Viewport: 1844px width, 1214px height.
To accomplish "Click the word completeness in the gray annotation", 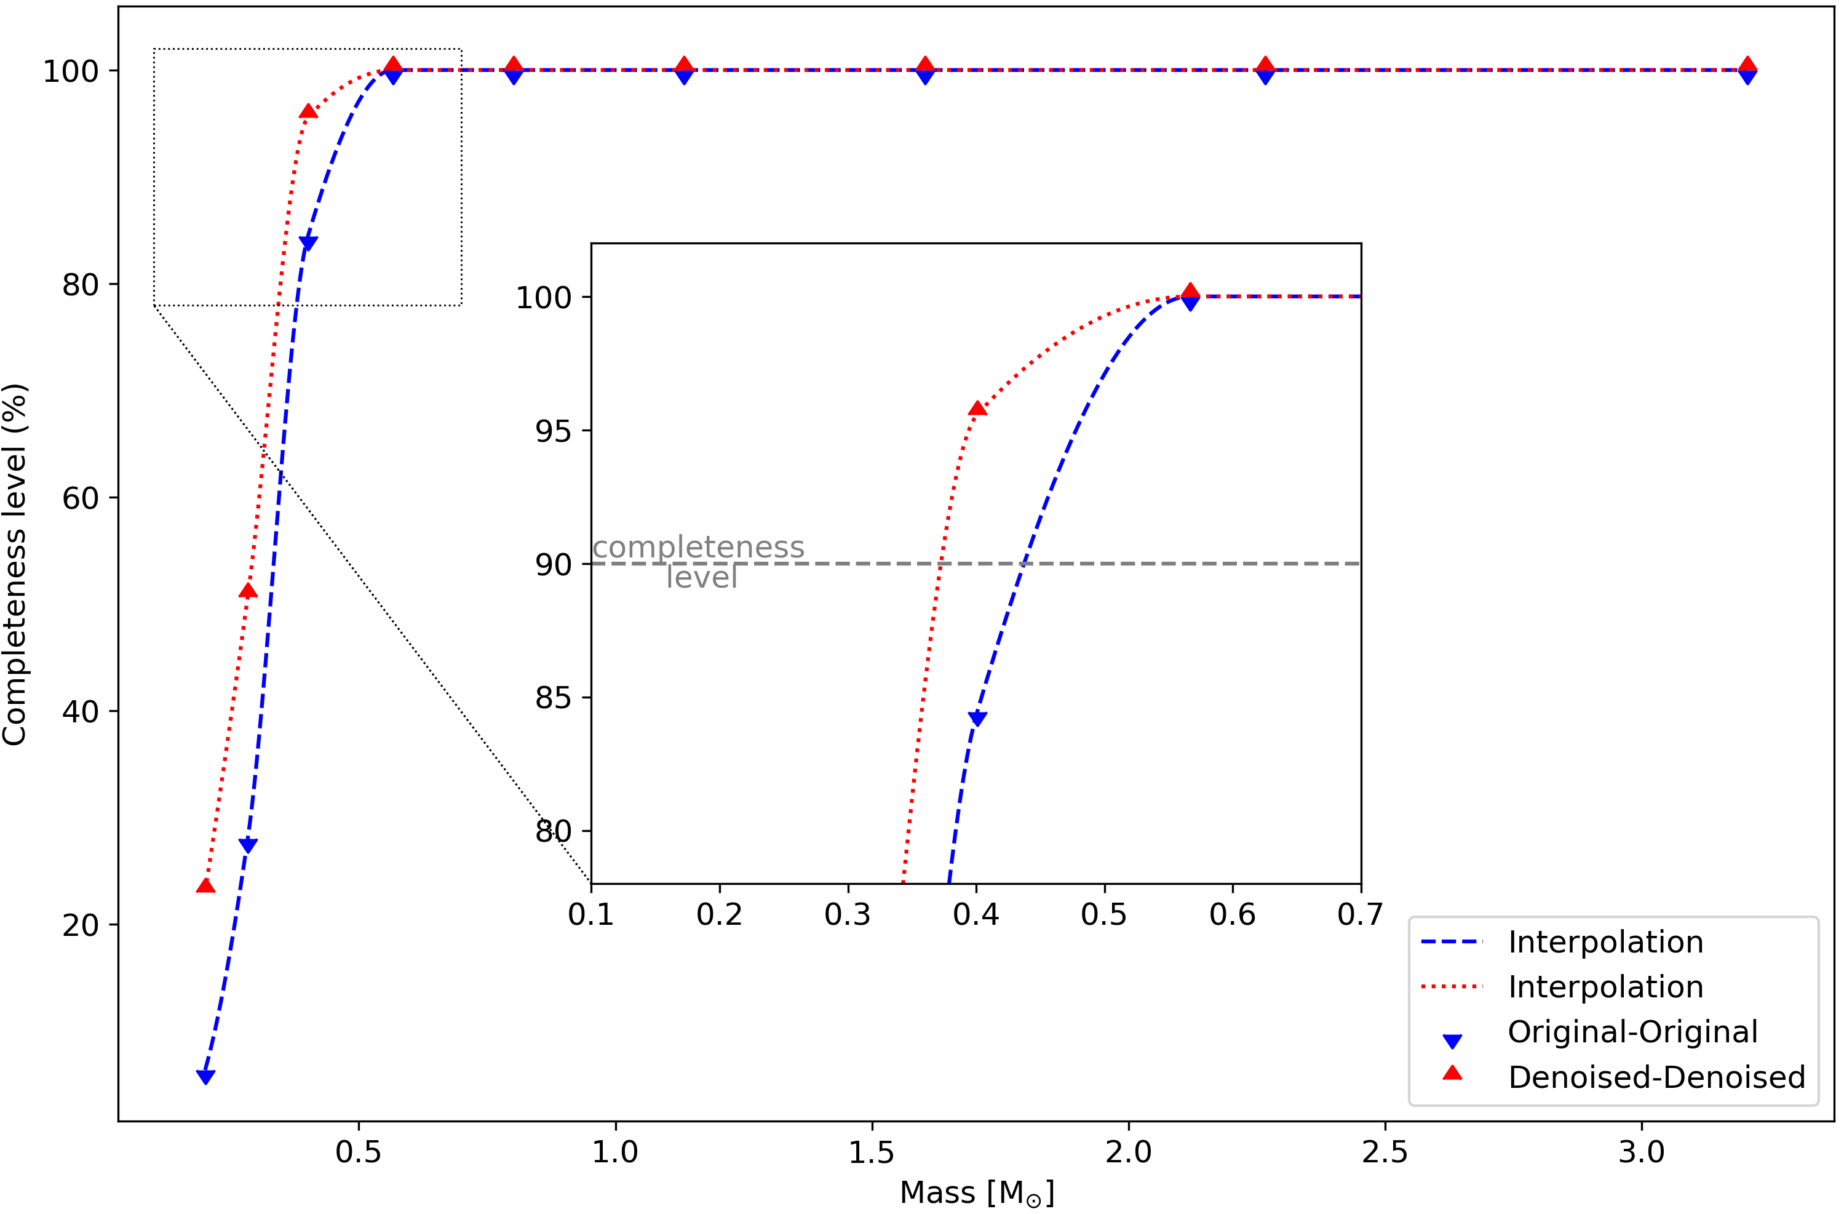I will pos(698,547).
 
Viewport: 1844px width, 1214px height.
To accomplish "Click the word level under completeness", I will pos(701,577).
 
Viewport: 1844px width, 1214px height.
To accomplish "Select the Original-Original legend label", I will pos(1632,1032).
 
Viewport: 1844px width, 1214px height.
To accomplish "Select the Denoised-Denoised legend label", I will pos(1656,1077).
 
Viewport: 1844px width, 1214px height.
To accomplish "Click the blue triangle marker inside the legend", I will pos(1453,1040).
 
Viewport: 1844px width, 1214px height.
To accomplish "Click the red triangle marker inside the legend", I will pos(1453,1073).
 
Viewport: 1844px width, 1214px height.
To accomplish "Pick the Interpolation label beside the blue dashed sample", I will pos(1605,942).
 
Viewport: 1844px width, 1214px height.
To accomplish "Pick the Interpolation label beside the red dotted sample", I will pos(1605,987).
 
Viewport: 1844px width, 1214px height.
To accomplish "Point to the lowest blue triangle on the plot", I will pos(205,1076).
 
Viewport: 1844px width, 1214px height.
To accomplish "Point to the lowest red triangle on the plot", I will pos(205,885).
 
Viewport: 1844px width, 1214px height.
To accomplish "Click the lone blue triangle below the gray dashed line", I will pos(978,719).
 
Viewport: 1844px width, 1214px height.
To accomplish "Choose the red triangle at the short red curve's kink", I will pos(978,408).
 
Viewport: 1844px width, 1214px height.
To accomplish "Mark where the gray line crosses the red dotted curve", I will pos(940,564).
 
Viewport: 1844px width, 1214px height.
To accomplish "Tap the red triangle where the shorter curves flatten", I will pos(1190,292).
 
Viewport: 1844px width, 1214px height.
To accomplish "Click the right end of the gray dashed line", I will pos(1358,564).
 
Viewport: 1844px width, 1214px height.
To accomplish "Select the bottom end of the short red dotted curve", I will pos(904,881).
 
